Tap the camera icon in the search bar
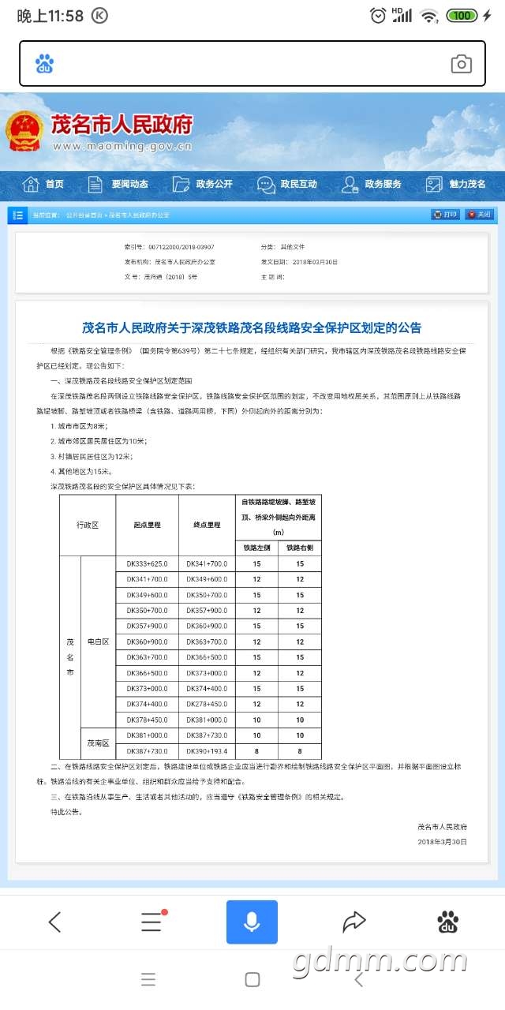click(x=461, y=65)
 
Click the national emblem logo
click(x=25, y=130)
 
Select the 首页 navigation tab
click(x=44, y=185)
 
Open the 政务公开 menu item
click(x=204, y=185)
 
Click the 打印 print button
click(x=445, y=215)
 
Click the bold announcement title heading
click(x=252, y=327)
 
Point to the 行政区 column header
click(x=88, y=525)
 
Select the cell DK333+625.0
click(x=147, y=564)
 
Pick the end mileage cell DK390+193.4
click(x=207, y=751)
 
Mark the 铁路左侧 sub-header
click(x=256, y=548)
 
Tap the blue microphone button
click(x=252, y=922)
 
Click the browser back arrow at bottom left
click(x=54, y=922)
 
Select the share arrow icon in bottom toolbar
click(x=354, y=922)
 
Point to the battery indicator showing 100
click(x=462, y=16)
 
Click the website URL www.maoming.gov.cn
click(x=122, y=146)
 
